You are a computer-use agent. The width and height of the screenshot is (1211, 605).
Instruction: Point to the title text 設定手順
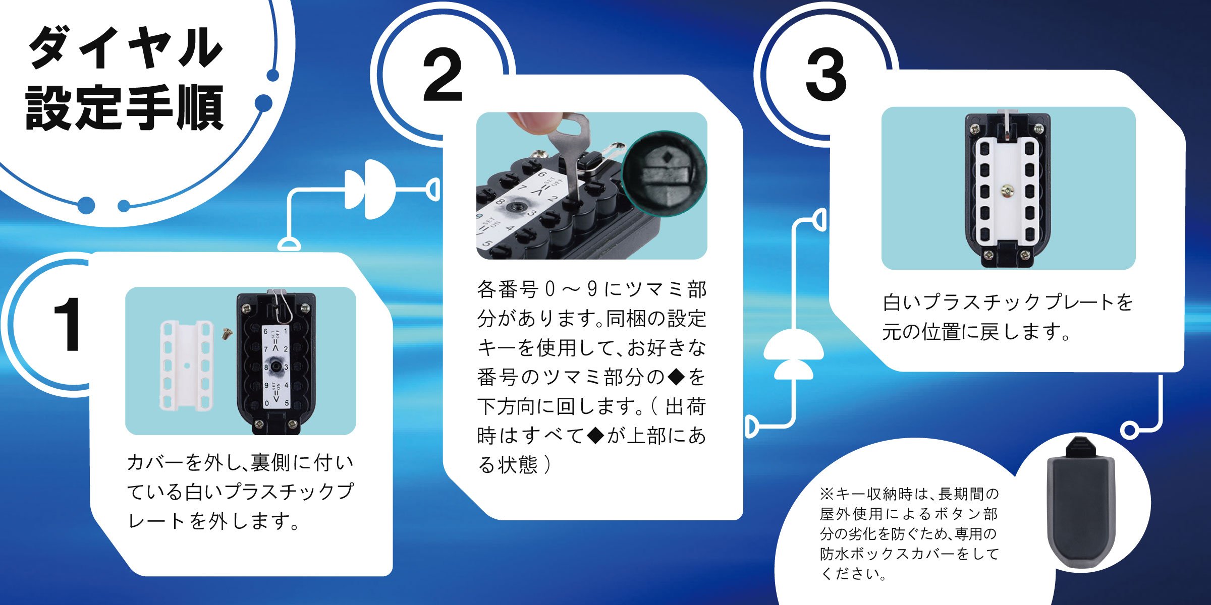124,107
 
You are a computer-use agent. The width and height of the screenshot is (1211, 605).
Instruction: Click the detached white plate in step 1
186,365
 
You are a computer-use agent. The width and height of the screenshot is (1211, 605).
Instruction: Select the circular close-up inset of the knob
665,174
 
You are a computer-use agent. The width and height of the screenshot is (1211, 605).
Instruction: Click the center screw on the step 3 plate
1008,190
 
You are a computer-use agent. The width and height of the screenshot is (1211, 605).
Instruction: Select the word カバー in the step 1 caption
156,462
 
